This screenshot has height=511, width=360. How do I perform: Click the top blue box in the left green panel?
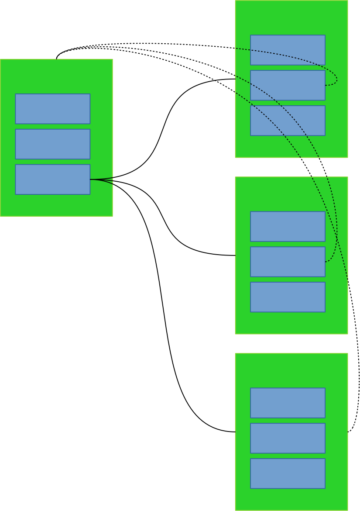click(x=52, y=109)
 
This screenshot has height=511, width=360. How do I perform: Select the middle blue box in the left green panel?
click(x=52, y=144)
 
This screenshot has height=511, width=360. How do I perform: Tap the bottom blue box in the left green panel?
click(x=52, y=179)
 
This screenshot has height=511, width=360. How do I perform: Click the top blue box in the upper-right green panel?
click(x=288, y=50)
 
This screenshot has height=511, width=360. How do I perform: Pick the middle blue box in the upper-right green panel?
click(x=288, y=85)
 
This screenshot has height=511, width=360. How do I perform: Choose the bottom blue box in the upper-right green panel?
click(x=288, y=121)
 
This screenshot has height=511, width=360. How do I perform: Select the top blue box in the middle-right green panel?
click(x=288, y=226)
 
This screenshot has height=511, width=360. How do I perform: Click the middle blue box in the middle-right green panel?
click(x=288, y=262)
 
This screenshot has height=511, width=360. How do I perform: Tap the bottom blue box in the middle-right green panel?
click(x=288, y=297)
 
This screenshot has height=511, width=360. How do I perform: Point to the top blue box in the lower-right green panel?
click(x=288, y=403)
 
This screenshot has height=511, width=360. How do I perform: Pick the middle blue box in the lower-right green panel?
click(x=288, y=438)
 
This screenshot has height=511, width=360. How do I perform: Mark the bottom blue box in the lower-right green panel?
click(x=288, y=473)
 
